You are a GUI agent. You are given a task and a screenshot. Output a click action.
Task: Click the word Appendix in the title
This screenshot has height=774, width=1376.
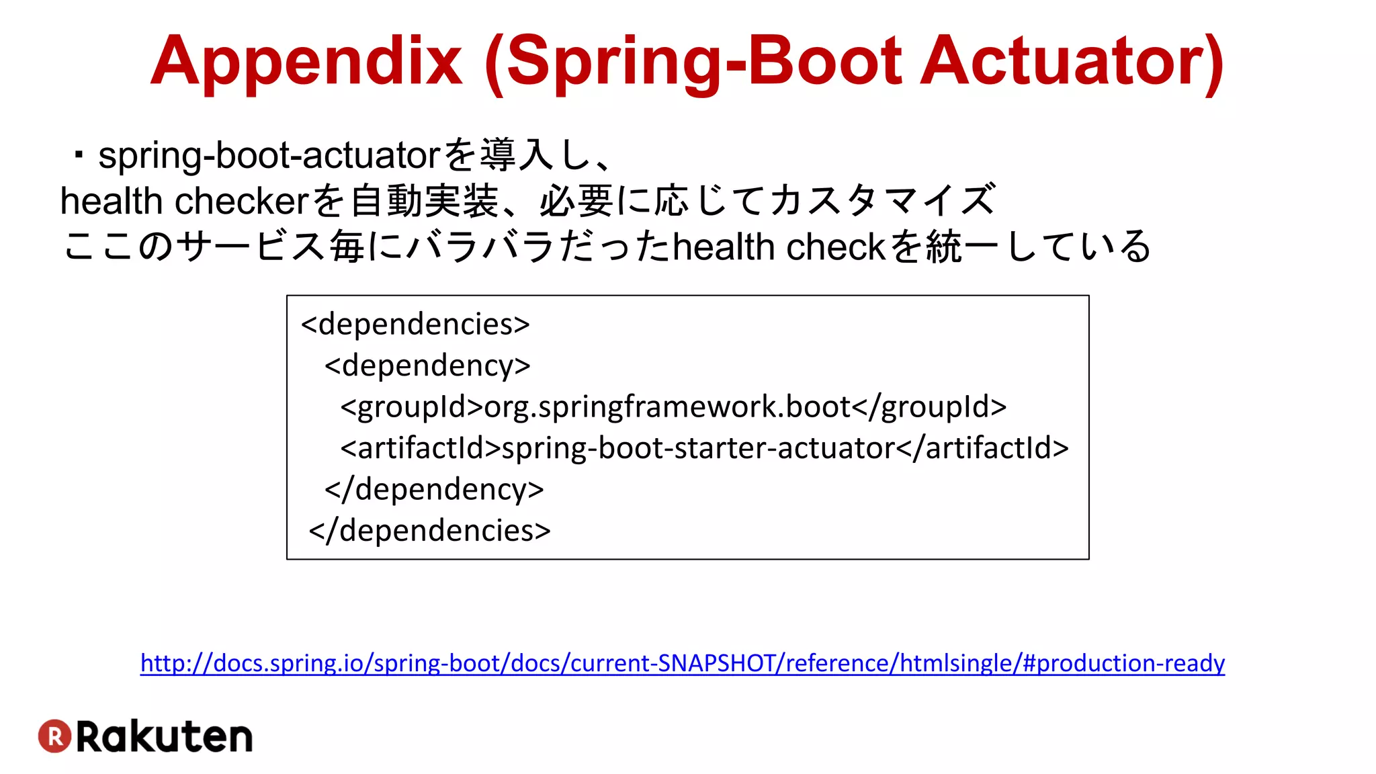coord(306,62)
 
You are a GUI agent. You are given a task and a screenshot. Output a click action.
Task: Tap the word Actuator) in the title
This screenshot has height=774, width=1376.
coord(1072,62)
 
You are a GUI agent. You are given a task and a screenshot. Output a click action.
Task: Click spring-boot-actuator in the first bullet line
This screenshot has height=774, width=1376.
coord(269,156)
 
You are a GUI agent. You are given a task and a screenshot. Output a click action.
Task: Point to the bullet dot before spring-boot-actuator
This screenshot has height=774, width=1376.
coord(79,157)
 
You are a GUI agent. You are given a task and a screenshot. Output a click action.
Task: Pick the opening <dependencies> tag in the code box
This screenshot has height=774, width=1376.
coord(415,325)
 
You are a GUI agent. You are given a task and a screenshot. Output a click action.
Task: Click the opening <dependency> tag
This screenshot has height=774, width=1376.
coord(427,366)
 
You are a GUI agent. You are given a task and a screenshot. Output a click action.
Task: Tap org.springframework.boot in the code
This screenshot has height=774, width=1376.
coord(667,407)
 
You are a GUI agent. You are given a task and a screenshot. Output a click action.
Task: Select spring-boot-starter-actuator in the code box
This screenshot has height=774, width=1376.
coord(698,448)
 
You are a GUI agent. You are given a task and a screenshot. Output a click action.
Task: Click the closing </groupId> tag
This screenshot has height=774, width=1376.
coord(929,407)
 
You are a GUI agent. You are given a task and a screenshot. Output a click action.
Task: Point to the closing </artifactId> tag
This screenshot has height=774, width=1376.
coord(982,448)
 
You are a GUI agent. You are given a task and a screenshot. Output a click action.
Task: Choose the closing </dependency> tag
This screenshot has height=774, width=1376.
coord(434,490)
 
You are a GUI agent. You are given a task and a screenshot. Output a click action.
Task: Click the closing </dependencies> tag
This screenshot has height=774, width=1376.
coord(429,531)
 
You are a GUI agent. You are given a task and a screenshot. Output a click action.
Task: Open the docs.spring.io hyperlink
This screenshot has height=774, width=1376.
coord(682,663)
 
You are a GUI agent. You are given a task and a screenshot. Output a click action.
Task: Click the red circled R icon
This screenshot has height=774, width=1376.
coord(54,736)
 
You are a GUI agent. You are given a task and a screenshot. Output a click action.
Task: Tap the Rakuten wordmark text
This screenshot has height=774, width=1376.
coord(165,737)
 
